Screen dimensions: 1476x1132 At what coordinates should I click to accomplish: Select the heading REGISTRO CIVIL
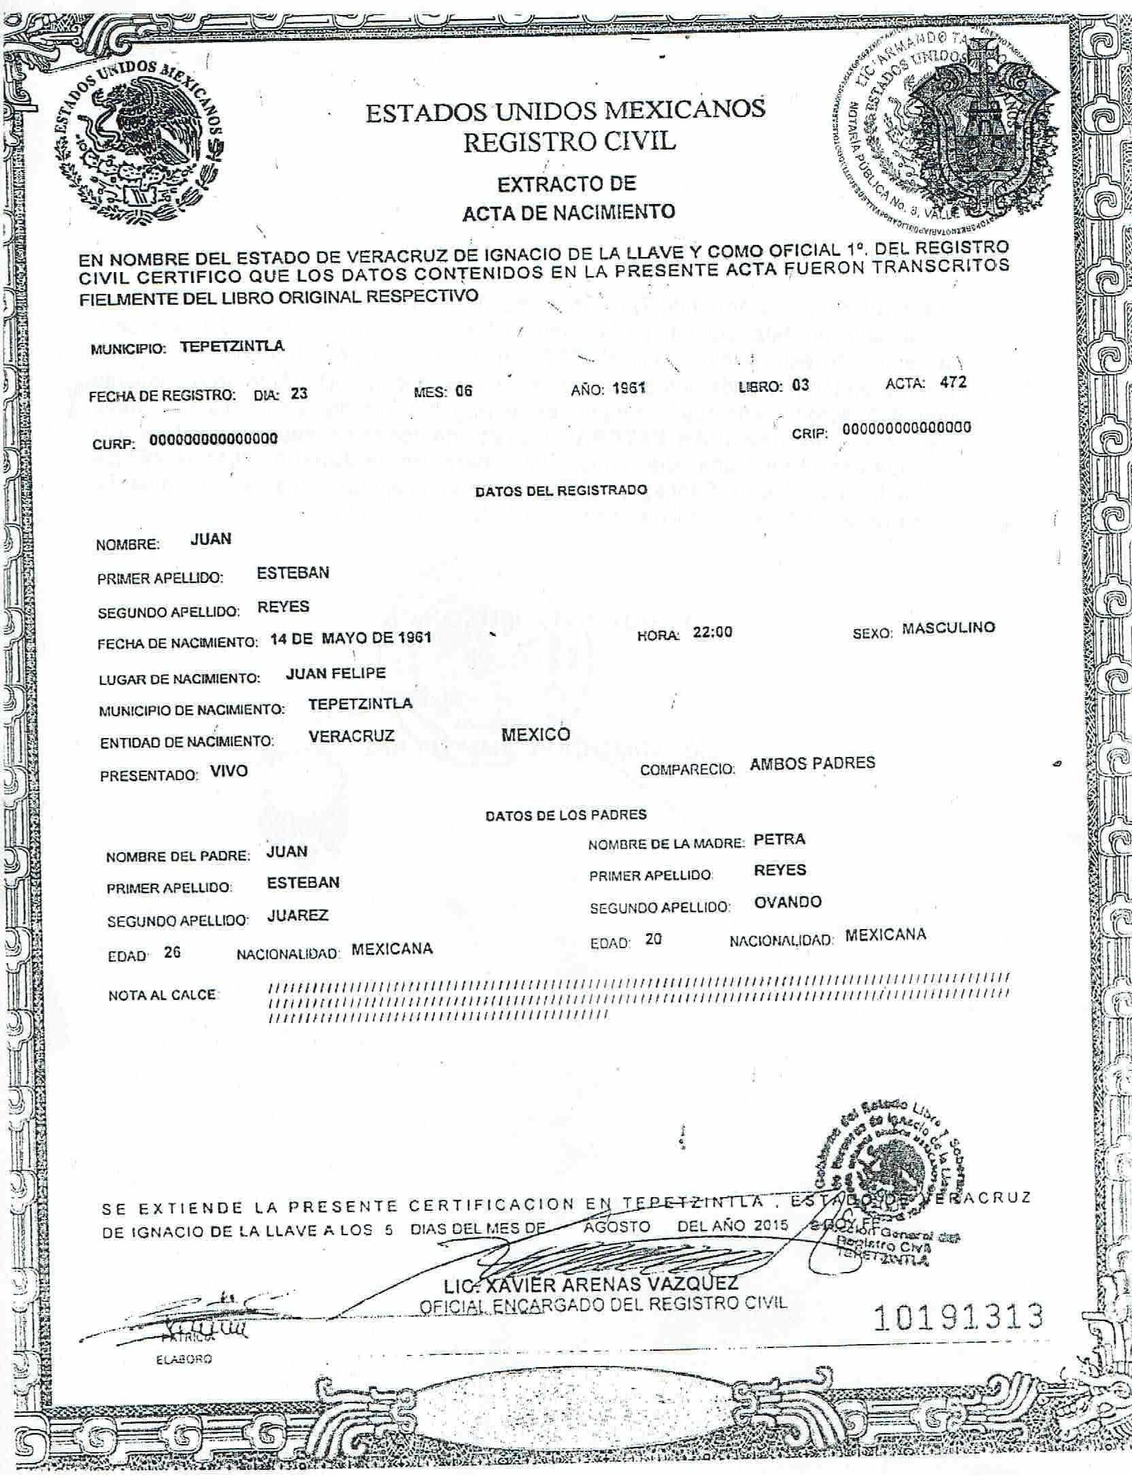point(569,141)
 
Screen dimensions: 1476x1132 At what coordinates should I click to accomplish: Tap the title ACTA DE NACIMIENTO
point(569,212)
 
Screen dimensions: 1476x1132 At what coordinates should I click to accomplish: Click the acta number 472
point(952,382)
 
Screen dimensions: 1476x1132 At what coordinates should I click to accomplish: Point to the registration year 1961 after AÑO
point(628,389)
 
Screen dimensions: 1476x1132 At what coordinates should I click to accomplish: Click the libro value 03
point(800,386)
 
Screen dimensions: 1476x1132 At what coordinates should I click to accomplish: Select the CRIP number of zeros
point(906,428)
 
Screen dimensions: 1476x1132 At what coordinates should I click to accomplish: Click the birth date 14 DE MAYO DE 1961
point(351,638)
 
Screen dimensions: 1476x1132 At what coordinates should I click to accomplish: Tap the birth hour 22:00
point(712,632)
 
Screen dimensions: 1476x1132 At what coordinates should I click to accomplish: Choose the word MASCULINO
point(948,628)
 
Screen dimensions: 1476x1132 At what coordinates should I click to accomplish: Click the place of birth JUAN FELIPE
point(336,673)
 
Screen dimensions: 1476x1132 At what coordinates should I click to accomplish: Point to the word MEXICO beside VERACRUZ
point(535,735)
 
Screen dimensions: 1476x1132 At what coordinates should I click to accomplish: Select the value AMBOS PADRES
point(812,763)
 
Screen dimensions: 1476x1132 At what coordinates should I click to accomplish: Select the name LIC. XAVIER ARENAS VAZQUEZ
point(590,1284)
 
